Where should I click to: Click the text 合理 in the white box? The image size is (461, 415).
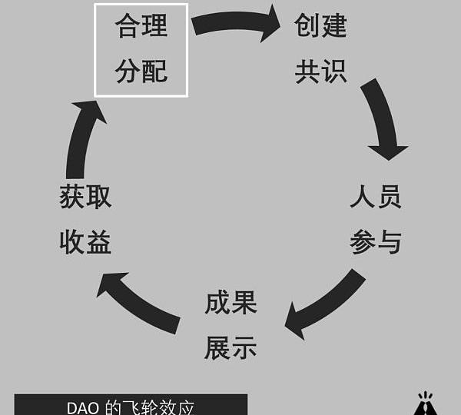[x=141, y=27]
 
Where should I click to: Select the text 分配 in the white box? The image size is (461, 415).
[x=141, y=72]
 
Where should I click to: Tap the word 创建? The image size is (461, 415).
[x=320, y=27]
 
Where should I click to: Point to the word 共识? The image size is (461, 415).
[x=320, y=72]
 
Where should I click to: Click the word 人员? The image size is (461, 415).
[x=376, y=197]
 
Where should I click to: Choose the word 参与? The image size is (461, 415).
[x=376, y=243]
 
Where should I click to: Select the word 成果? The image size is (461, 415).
[x=230, y=303]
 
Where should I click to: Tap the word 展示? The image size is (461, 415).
[x=230, y=348]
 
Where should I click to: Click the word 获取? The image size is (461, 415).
[x=85, y=197]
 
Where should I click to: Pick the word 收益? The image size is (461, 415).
[x=85, y=243]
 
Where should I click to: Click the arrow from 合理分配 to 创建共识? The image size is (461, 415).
[x=235, y=22]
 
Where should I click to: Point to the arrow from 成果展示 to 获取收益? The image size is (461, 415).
[x=138, y=303]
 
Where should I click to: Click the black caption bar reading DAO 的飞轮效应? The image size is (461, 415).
[x=131, y=405]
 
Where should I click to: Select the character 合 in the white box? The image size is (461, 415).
[x=128, y=27]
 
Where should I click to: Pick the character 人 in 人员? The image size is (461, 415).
[x=363, y=197]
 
